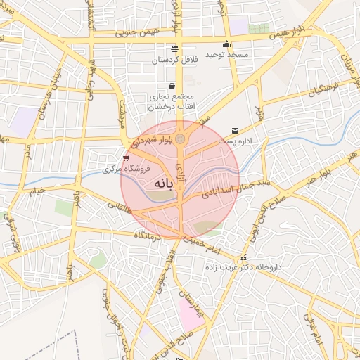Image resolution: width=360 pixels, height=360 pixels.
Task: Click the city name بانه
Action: [x=162, y=183]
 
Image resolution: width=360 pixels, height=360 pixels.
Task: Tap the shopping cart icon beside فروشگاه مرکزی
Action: [x=126, y=158]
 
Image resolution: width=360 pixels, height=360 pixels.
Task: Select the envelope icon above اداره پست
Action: [x=235, y=131]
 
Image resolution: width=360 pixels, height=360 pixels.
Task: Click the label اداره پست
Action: [x=235, y=141]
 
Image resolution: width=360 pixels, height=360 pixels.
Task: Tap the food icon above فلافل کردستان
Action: [x=174, y=49]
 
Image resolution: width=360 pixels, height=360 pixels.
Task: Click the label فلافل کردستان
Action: [x=175, y=60]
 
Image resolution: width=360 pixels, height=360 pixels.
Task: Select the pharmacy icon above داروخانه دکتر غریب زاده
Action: [x=243, y=257]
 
